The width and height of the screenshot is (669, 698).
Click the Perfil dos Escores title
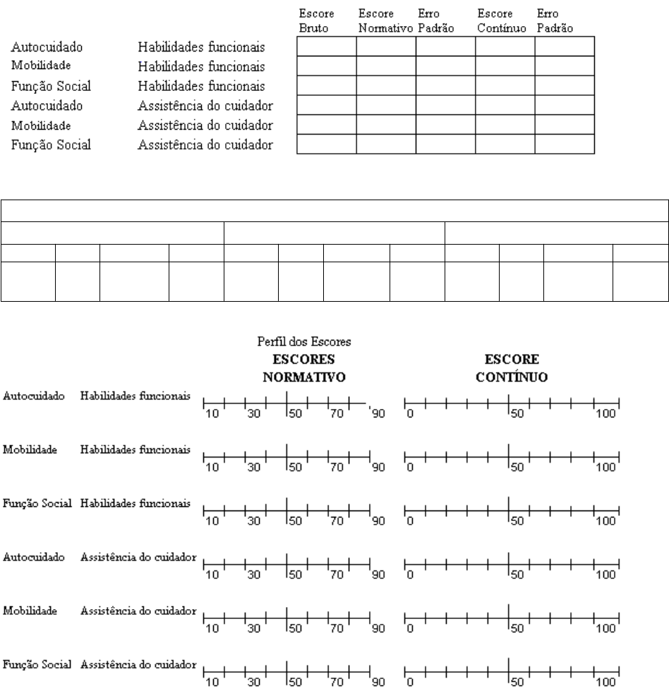pos(304,342)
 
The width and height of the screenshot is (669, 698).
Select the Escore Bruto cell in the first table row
pos(327,47)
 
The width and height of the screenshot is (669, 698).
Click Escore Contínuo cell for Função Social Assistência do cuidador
pos(505,145)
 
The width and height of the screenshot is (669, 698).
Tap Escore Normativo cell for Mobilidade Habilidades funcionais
pos(385,66)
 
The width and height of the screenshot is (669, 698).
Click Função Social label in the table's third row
pos(51,87)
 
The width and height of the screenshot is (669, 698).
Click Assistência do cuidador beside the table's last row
pos(205,145)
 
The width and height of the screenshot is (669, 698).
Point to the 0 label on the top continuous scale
pos(410,414)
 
